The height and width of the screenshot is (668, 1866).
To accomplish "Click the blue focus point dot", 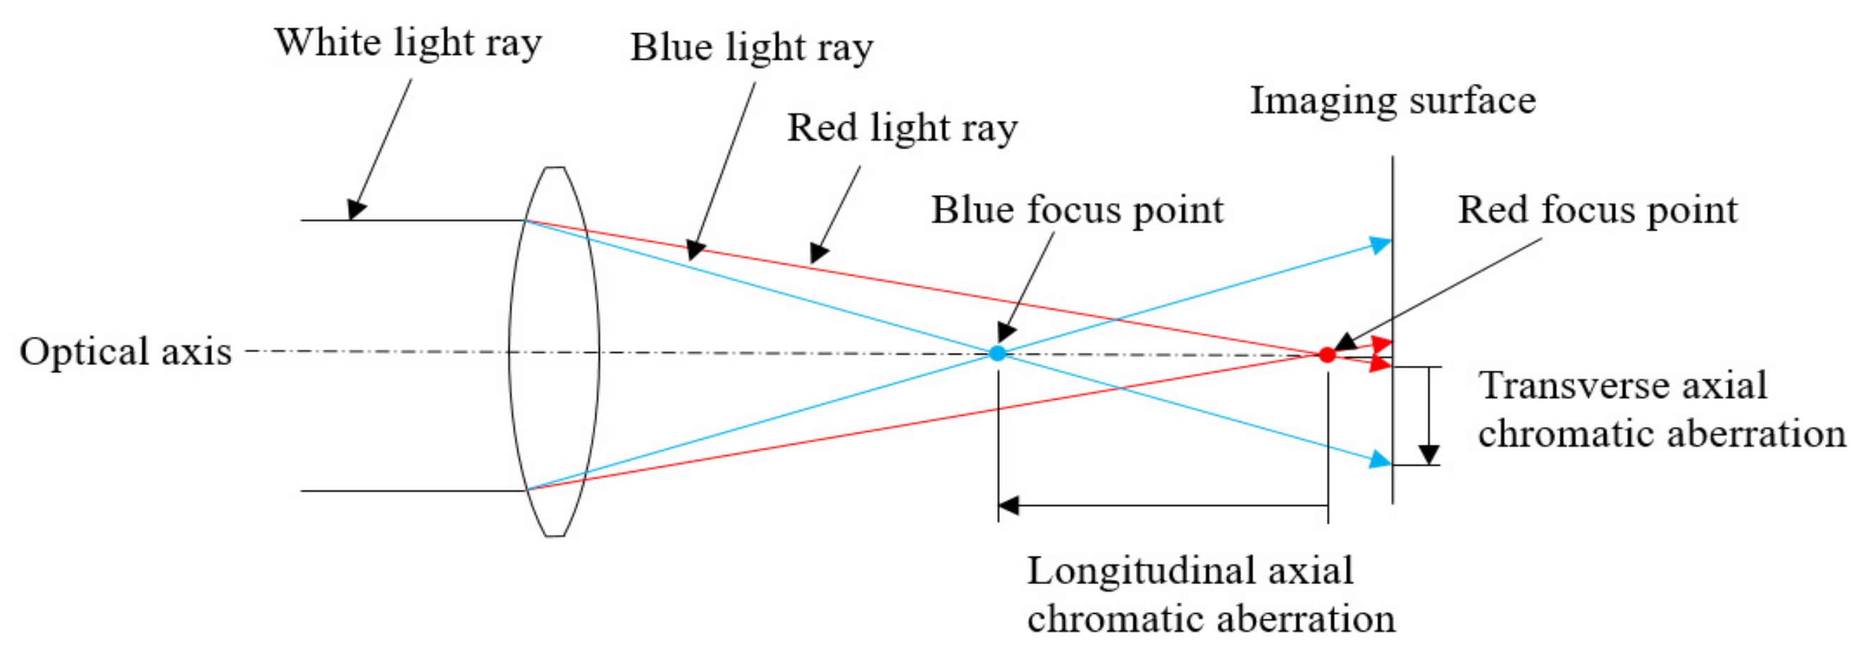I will (997, 354).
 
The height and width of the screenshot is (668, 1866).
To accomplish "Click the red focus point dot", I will (1326, 355).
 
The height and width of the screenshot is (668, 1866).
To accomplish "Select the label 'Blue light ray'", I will (751, 48).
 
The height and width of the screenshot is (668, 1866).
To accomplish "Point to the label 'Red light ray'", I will (902, 128).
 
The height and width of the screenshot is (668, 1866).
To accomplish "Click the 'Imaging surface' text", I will (1392, 101).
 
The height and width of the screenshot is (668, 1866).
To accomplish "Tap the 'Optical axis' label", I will (125, 352).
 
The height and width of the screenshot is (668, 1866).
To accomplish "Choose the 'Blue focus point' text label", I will (1077, 211).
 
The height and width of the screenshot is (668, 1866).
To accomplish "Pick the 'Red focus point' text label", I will (1598, 211).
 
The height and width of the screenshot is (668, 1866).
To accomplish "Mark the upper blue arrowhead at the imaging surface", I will (1380, 245).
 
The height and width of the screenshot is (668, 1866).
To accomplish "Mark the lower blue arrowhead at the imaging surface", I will (1380, 459).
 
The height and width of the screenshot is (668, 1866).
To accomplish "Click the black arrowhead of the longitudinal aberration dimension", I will (1008, 505).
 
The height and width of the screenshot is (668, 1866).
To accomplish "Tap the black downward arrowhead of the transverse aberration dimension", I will (1428, 454).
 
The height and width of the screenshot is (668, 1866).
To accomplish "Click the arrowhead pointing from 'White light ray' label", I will (354, 210).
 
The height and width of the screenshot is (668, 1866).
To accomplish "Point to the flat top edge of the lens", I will (555, 168).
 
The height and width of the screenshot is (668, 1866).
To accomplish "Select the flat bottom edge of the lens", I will (555, 536).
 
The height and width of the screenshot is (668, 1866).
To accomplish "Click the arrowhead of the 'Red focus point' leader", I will (1344, 342).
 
